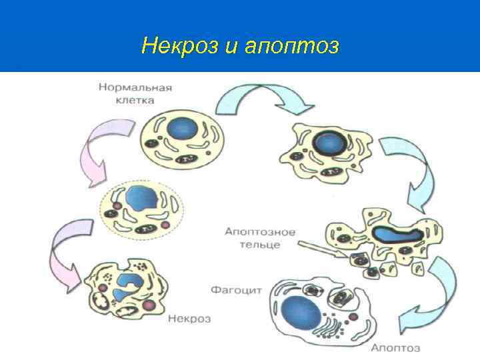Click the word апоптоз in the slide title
293,47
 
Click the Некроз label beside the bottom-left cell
189,319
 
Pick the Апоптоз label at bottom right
395,348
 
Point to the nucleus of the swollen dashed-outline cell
141,199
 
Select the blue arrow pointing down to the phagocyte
442,287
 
